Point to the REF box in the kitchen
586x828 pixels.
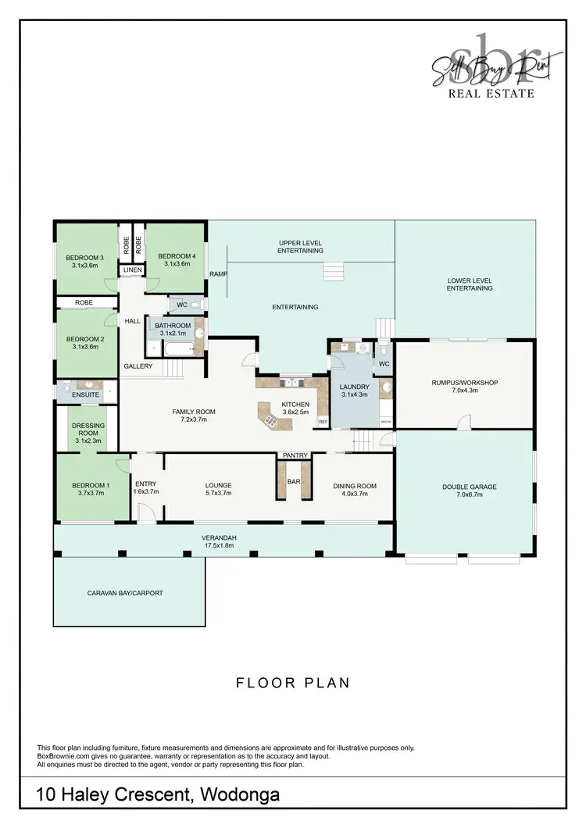[x=323, y=422]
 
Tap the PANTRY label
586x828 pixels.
[x=294, y=455]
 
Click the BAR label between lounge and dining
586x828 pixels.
[x=294, y=482]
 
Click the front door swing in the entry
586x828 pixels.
[x=145, y=512]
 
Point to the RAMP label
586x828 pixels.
[x=218, y=274]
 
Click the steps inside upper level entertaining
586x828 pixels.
[x=334, y=271]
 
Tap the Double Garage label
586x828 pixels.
[x=469, y=486]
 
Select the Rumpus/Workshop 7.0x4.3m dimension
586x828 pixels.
[x=464, y=391]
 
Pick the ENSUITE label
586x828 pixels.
[x=86, y=394]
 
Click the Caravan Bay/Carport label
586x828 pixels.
[x=125, y=593]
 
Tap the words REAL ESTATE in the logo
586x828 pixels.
[x=490, y=93]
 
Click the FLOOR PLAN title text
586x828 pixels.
[x=293, y=683]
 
